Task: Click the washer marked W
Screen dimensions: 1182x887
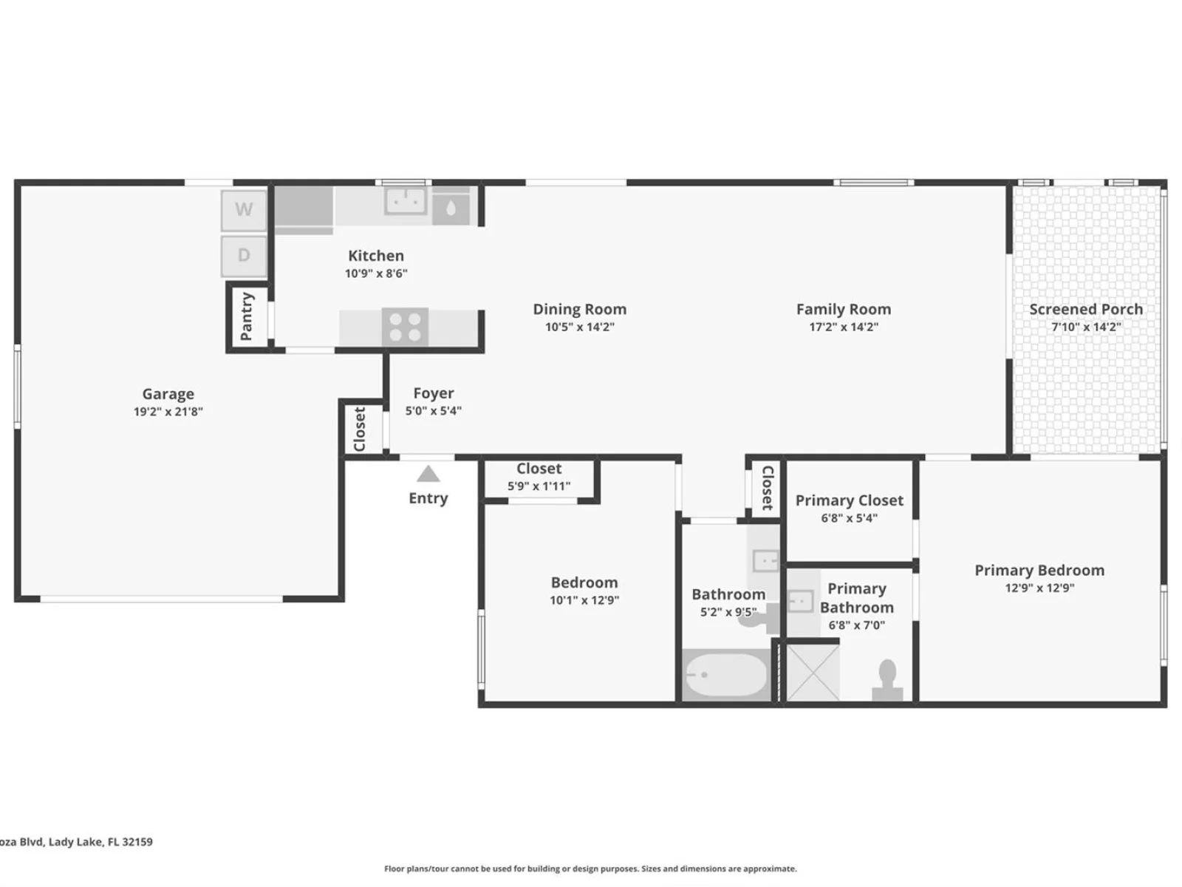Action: (x=244, y=209)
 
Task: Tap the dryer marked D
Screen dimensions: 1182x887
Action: (x=244, y=256)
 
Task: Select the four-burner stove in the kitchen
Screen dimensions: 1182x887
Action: (x=405, y=327)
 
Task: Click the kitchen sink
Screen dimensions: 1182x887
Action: (x=405, y=201)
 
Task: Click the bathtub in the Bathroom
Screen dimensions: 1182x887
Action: (x=725, y=675)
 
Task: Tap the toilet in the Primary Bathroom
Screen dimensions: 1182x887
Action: (x=887, y=680)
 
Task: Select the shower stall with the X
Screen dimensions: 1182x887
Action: (x=813, y=673)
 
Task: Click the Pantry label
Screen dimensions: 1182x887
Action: (x=247, y=316)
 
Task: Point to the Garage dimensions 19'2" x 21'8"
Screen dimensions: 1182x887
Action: (x=168, y=412)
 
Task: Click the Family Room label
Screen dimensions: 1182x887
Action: (x=844, y=309)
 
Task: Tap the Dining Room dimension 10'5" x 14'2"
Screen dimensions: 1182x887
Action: (x=579, y=327)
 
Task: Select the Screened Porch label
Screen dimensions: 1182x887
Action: (x=1086, y=309)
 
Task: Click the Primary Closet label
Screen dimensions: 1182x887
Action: (x=850, y=500)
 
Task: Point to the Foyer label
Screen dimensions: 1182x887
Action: (x=434, y=393)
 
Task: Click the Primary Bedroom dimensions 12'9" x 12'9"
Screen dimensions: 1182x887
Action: (x=1039, y=588)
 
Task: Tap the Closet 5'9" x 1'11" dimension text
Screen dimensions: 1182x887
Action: (x=539, y=486)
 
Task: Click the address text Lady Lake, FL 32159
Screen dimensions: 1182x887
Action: (x=100, y=842)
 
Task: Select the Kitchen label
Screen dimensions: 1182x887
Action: (x=376, y=255)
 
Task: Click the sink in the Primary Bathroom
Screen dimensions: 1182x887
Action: (x=801, y=601)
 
